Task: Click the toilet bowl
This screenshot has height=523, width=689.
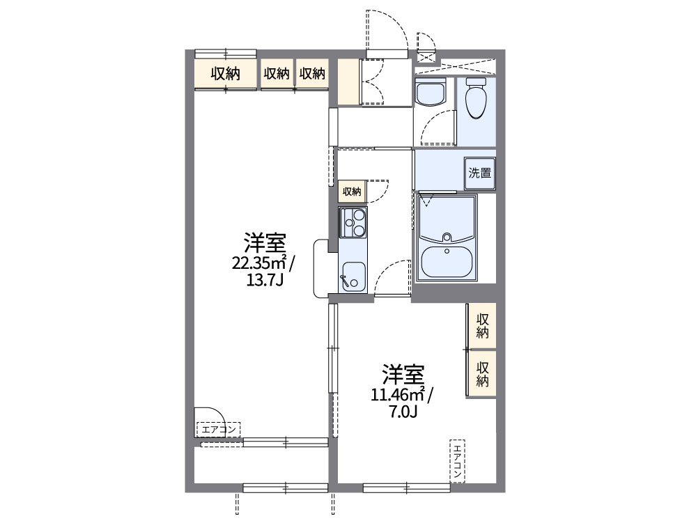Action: click(476, 100)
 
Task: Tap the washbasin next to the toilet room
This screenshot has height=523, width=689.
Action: click(430, 93)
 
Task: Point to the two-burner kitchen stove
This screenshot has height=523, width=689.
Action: click(353, 223)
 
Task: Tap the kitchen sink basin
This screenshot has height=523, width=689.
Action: click(352, 276)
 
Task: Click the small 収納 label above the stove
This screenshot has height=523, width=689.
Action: click(351, 192)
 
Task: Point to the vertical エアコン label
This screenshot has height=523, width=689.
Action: click(457, 460)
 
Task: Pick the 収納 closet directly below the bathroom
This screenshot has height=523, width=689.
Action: click(481, 326)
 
